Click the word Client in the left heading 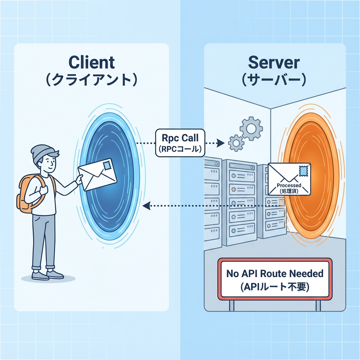tap(92, 62)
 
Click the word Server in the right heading tap(274, 62)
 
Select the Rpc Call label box tap(180, 142)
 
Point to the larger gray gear tap(251, 129)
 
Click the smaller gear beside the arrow tap(236, 143)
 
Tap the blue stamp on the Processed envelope tap(303, 171)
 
